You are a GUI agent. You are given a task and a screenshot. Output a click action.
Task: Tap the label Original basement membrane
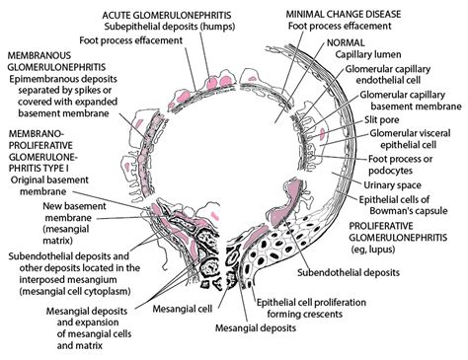(x=44, y=188)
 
